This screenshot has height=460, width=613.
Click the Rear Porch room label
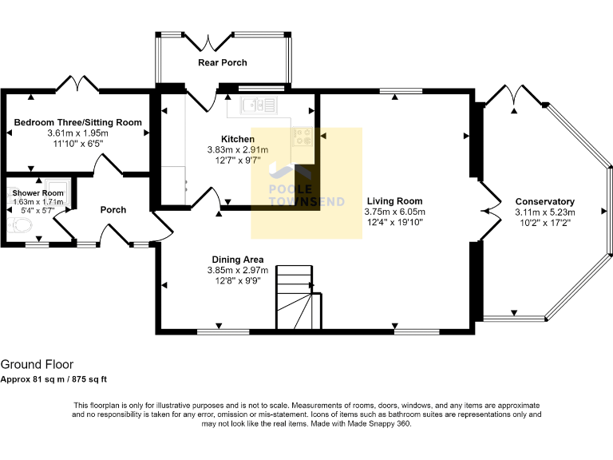pyautogui.click(x=222, y=62)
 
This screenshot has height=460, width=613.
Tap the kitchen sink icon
pyautogui.click(x=260, y=104)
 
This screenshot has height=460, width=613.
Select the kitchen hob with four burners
pyautogui.click(x=303, y=136)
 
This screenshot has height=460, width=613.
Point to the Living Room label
pyautogui.click(x=394, y=201)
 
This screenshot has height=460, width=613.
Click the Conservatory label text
pyautogui.click(x=544, y=201)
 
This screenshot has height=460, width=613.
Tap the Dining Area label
pyautogui.click(x=238, y=260)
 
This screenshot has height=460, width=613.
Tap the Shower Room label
pyautogui.click(x=38, y=192)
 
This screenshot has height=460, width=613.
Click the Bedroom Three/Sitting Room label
pyautogui.click(x=77, y=122)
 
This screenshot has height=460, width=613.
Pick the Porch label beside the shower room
pyautogui.click(x=113, y=210)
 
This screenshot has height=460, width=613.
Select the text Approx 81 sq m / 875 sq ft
pyautogui.click(x=53, y=379)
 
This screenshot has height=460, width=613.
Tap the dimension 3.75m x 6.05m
pyautogui.click(x=394, y=212)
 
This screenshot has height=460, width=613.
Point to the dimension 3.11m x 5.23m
pyautogui.click(x=544, y=212)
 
